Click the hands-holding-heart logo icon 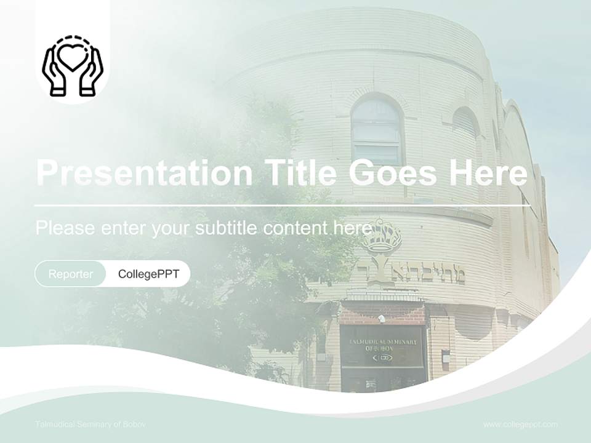tap(72, 66)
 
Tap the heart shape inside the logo tap(72, 56)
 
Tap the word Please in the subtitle tap(65, 228)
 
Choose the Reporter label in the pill tap(71, 274)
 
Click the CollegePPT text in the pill tap(148, 274)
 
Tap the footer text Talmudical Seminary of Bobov tap(90, 425)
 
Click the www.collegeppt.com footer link tap(520, 425)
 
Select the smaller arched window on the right tap(465, 132)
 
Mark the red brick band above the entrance tap(382, 313)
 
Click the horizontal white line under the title tap(282, 205)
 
